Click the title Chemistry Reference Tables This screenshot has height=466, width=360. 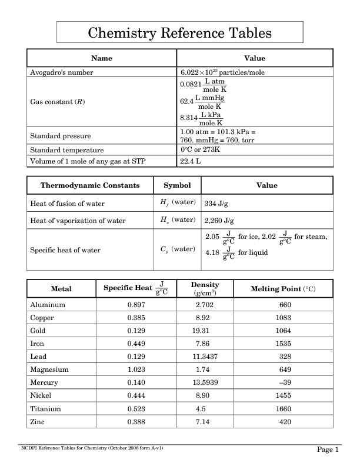point(179,33)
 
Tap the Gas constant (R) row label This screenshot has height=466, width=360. point(58,102)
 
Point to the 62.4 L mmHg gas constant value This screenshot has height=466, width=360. point(203,102)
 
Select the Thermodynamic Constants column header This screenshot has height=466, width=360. point(90,185)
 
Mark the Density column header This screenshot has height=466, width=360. point(205,288)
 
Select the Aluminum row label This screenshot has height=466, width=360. point(48,305)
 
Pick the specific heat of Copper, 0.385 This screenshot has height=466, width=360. point(136,318)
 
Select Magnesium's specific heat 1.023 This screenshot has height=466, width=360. point(136,370)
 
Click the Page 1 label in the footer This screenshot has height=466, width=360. point(328,450)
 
